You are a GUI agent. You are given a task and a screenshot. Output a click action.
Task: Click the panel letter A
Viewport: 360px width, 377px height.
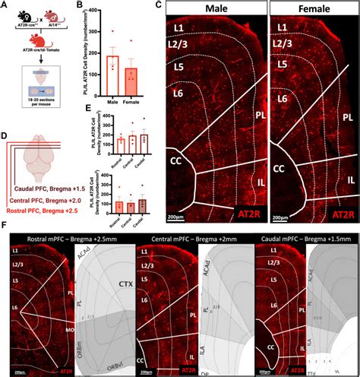pyautogui.click(x=5, y=6)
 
